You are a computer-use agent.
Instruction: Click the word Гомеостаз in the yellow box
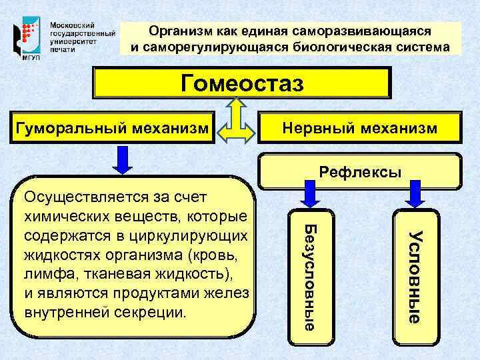pyautogui.click(x=242, y=84)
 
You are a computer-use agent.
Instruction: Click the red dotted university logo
pyautogui.click(x=27, y=33)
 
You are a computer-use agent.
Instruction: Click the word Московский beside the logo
pyautogui.click(x=70, y=22)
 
